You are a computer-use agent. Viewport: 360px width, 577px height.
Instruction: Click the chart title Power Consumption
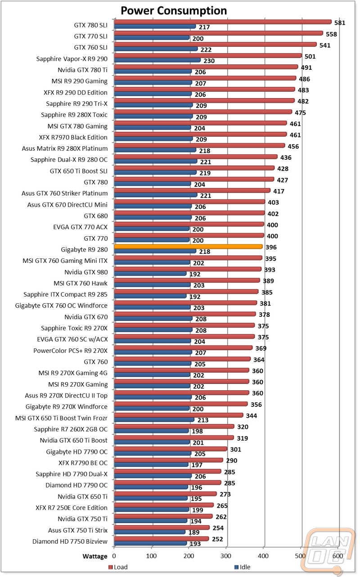(174, 11)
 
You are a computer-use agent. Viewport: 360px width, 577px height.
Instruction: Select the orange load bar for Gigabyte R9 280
(188, 247)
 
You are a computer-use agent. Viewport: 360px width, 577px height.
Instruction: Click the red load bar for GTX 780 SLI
(223, 22)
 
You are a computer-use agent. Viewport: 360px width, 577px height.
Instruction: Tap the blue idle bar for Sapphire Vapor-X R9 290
(157, 60)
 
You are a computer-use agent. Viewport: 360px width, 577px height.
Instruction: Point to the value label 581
(340, 23)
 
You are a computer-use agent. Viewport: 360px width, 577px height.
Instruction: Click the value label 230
(209, 61)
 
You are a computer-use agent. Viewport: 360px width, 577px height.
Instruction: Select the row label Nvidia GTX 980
(86, 272)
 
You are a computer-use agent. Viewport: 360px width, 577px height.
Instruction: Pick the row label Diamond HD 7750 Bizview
(70, 541)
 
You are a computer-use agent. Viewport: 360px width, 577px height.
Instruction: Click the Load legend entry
(118, 567)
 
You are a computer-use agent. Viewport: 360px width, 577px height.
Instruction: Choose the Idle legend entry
(242, 567)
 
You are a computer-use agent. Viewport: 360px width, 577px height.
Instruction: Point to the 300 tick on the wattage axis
(226, 556)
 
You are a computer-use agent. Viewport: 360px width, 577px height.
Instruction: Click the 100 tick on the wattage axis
(151, 556)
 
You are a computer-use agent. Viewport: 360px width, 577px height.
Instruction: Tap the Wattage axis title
(95, 556)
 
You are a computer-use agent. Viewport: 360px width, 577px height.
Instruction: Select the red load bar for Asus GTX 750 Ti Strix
(162, 527)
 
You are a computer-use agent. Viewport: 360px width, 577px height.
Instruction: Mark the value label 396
(271, 247)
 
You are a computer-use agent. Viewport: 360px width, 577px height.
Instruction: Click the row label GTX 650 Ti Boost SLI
(79, 171)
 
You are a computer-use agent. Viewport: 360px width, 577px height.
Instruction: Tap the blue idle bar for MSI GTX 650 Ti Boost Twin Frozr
(154, 419)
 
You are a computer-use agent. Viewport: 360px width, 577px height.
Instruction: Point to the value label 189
(194, 532)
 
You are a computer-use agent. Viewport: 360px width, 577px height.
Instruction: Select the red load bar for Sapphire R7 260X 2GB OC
(174, 427)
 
